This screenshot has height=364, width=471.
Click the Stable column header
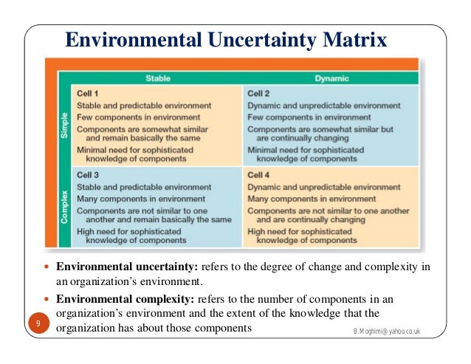coord(152,78)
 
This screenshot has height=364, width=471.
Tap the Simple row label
coord(65,124)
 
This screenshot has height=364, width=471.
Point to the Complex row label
coord(65,206)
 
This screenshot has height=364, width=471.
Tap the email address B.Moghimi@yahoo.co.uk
coord(386,332)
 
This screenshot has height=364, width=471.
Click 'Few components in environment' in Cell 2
coord(302,117)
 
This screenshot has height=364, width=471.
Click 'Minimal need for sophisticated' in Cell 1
coord(134,149)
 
